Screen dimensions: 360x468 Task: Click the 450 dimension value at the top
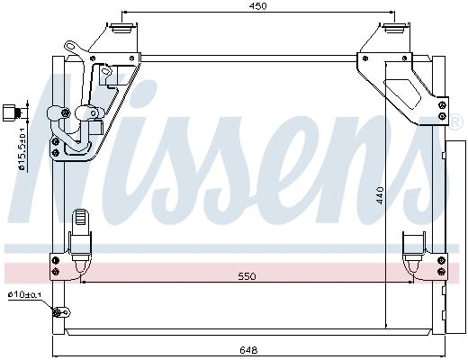point(259,6)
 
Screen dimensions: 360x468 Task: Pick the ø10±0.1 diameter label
point(24,295)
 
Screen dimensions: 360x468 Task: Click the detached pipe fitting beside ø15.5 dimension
point(11,112)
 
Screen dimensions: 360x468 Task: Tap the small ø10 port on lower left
point(62,313)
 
